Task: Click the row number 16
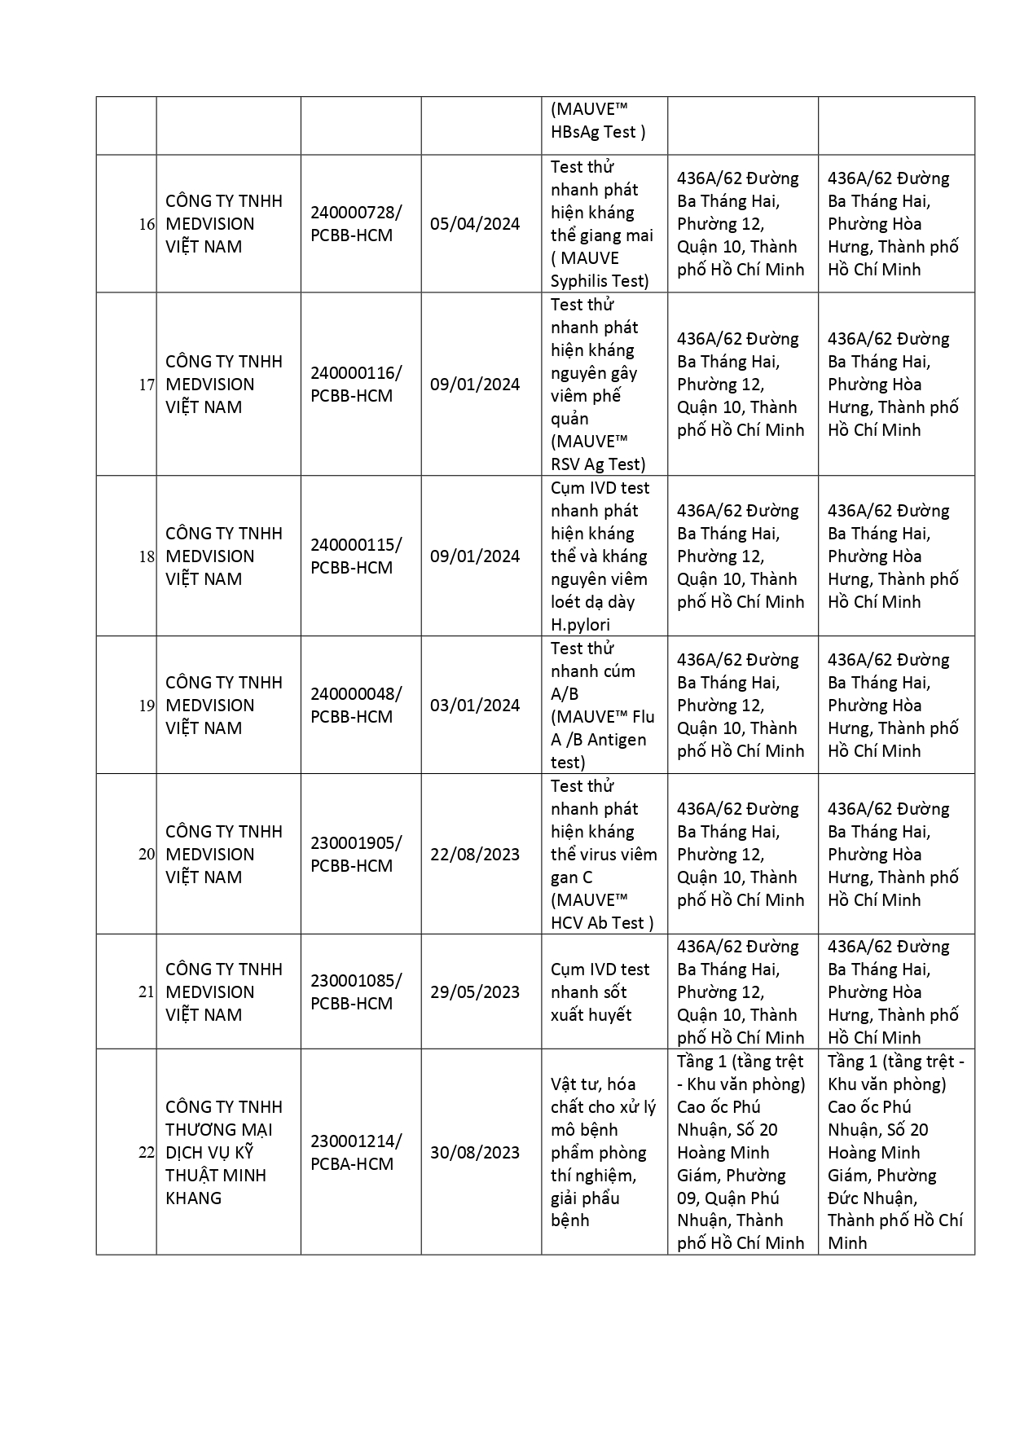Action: [x=147, y=224]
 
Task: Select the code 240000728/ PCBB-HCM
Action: [x=355, y=224]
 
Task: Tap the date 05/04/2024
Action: [x=475, y=224]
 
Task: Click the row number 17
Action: [x=147, y=385]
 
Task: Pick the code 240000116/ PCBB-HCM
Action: [x=355, y=385]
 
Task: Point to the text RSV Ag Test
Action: [x=598, y=464]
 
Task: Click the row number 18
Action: [x=147, y=556]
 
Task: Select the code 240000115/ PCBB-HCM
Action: [x=355, y=556]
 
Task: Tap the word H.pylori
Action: [x=580, y=625]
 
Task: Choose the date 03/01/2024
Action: [x=475, y=706]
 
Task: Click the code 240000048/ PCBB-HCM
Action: [x=355, y=706]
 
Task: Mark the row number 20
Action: [x=147, y=855]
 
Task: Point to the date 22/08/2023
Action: [x=475, y=855]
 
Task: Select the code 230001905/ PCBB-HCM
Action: [x=355, y=855]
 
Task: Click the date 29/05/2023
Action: [x=475, y=992]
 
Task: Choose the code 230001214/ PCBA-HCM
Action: [x=355, y=1153]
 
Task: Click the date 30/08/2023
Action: [x=475, y=1153]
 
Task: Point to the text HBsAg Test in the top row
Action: [x=598, y=132]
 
